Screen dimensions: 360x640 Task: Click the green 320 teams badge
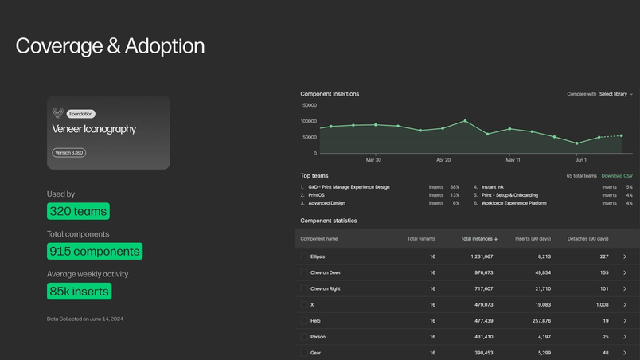(78, 211)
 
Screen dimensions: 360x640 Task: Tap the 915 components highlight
(95, 251)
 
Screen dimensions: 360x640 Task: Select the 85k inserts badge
(80, 292)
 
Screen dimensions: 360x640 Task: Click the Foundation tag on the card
(81, 114)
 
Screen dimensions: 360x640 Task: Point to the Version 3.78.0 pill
(68, 152)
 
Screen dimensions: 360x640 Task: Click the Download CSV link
(617, 175)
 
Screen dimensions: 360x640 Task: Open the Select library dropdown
(616, 94)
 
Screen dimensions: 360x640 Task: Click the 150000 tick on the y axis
(308, 105)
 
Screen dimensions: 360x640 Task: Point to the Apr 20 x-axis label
(443, 160)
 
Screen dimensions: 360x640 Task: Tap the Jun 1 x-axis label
(581, 160)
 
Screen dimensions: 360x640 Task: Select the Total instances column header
(478, 238)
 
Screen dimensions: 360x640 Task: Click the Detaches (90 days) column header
(587, 238)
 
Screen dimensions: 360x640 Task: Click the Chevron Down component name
(326, 272)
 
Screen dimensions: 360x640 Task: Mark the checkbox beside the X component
(303, 304)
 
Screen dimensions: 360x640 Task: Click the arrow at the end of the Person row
(625, 337)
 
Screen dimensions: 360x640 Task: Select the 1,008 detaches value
(602, 304)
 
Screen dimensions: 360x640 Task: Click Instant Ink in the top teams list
(493, 186)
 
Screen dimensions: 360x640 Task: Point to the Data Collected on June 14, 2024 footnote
(85, 319)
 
